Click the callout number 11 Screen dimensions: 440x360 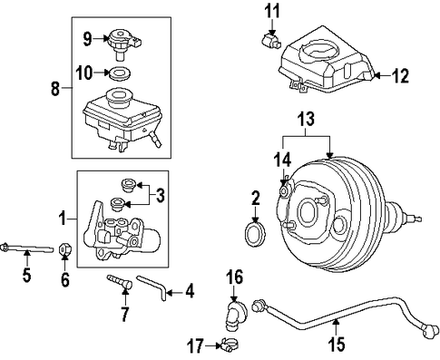[x=272, y=12]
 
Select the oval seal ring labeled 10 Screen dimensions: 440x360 [x=120, y=73]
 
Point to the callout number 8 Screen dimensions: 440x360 [x=55, y=88]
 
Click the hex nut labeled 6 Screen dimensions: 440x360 [x=64, y=249]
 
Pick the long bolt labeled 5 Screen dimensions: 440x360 [x=26, y=248]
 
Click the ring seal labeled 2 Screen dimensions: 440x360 [x=255, y=234]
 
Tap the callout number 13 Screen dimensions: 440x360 [x=306, y=120]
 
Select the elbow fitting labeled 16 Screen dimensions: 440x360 [x=234, y=315]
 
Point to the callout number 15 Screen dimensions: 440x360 [x=336, y=343]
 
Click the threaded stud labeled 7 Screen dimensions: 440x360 [x=120, y=281]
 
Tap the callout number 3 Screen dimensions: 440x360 [x=160, y=196]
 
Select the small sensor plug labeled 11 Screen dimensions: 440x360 [x=270, y=41]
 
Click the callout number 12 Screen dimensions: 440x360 [x=400, y=76]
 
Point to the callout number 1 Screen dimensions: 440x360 [x=63, y=219]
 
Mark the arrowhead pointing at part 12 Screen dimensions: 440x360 [x=376, y=76]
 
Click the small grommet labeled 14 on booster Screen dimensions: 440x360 [x=284, y=190]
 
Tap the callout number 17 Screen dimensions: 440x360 [x=196, y=345]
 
